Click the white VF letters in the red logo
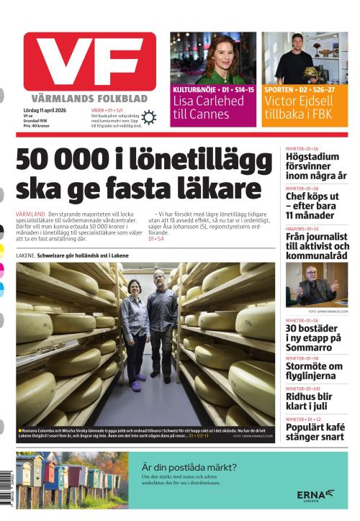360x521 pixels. [x=89, y=62]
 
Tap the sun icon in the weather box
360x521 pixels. [x=149, y=117]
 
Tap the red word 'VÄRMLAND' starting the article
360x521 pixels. [x=30, y=215]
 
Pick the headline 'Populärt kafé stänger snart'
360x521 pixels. [x=315, y=431]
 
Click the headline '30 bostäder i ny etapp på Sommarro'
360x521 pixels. [x=315, y=337]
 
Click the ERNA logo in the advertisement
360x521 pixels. [x=315, y=494]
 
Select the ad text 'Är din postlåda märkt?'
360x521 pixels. [x=189, y=467]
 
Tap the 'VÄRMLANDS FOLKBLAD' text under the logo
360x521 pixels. [x=89, y=98]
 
